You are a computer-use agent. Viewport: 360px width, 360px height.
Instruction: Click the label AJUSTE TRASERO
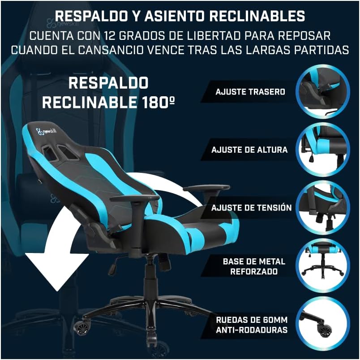click(250, 92)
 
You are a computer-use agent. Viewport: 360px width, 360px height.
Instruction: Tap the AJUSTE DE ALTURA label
click(249, 150)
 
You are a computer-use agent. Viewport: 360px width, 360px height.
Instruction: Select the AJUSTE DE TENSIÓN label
click(251, 208)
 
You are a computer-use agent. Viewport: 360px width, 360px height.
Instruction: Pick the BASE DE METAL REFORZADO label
click(254, 266)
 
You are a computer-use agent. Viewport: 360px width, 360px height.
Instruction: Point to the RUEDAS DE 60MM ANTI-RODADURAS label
click(252, 325)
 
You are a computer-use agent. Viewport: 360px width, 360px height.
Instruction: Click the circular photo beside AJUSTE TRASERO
click(322, 92)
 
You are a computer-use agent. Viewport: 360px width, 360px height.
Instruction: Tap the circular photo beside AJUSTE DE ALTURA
click(322, 150)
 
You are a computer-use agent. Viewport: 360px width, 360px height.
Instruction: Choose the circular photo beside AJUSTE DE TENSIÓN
click(322, 208)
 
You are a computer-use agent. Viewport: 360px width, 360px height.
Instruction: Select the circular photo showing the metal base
click(322, 266)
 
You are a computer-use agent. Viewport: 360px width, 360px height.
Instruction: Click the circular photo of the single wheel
click(322, 324)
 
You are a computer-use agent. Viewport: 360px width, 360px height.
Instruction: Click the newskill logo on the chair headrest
click(46, 132)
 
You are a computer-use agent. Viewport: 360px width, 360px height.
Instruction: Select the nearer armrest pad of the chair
click(135, 198)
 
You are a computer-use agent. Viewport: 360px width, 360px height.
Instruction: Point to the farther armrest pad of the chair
click(206, 188)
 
